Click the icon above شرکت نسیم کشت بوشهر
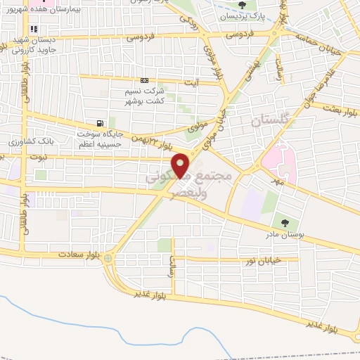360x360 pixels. (144, 80)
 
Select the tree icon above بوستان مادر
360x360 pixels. (284, 223)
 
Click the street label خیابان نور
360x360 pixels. (260, 262)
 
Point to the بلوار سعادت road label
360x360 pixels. (76, 252)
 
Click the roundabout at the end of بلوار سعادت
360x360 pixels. (108, 259)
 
